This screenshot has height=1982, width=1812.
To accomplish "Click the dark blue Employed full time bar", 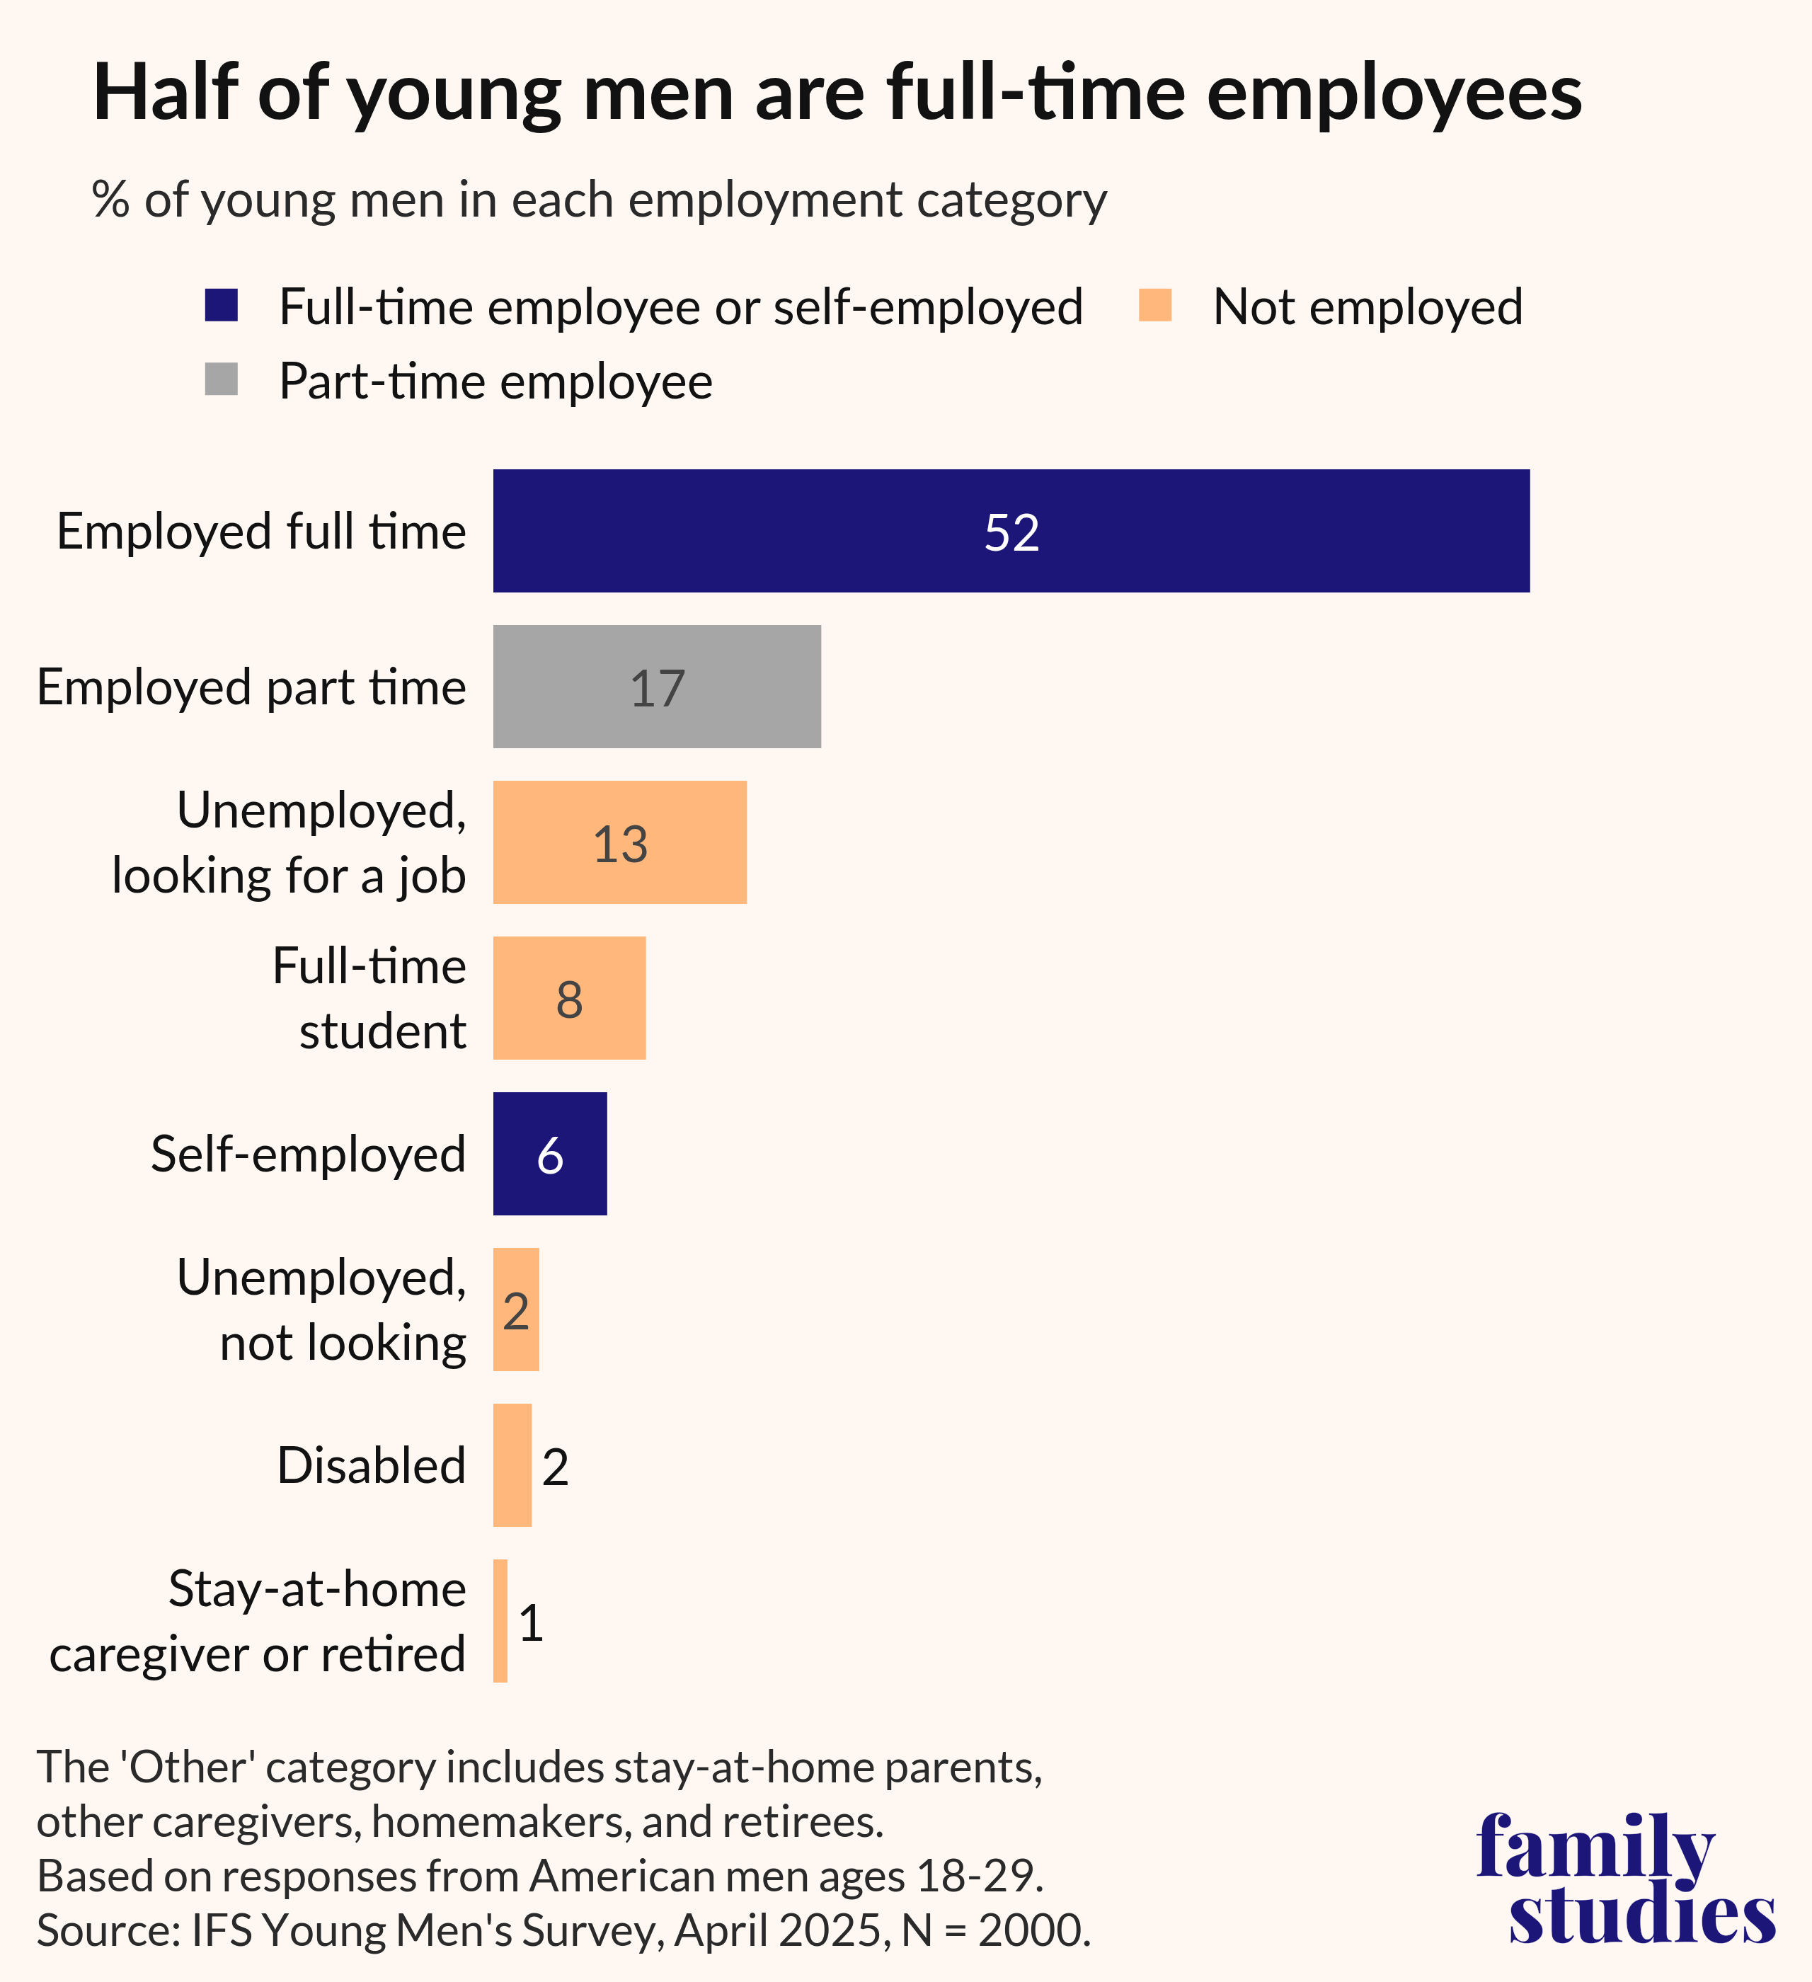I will [1011, 531].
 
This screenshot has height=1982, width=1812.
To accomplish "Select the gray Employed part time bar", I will [657, 686].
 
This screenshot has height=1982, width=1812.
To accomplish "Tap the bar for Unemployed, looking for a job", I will [619, 842].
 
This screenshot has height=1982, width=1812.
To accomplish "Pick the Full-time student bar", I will [569, 998].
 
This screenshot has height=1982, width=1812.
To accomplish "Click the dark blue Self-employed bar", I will [549, 1153].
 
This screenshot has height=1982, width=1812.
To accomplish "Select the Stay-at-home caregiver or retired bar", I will [500, 1620].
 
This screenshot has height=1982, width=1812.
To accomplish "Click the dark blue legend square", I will [222, 305].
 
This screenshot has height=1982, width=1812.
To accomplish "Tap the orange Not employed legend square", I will [1154, 305].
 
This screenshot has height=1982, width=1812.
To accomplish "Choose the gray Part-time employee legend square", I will [222, 379].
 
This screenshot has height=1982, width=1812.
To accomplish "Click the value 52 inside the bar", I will [1011, 533].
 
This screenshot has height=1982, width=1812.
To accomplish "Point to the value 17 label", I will [657, 688].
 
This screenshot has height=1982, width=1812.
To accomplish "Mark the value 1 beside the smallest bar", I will [531, 1622].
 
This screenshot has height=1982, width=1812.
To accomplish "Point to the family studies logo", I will [1625, 1880].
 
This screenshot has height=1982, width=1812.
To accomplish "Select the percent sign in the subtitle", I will [110, 200].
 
